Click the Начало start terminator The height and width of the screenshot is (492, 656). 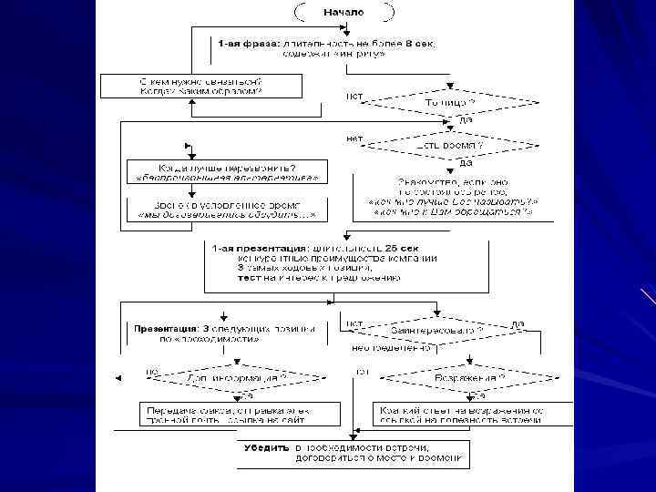pyautogui.click(x=343, y=12)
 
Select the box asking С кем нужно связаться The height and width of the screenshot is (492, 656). pyautogui.click(x=201, y=87)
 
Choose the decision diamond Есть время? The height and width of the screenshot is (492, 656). pyautogui.click(x=449, y=145)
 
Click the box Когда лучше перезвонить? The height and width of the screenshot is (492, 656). pyautogui.click(x=226, y=171)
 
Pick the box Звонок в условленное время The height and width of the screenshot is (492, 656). pyautogui.click(x=226, y=209)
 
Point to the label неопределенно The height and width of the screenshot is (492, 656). pyautogui.click(x=384, y=347)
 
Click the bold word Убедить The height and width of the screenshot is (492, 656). pyautogui.click(x=266, y=447)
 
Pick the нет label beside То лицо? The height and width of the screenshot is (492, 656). pyautogui.click(x=355, y=95)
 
